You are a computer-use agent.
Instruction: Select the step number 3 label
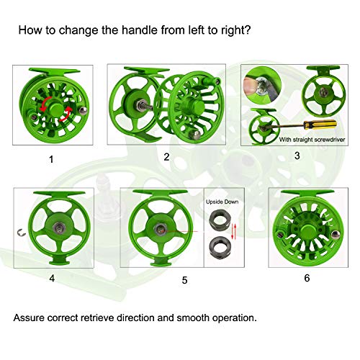point(297,155)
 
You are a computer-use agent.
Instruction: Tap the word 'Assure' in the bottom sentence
point(32,317)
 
